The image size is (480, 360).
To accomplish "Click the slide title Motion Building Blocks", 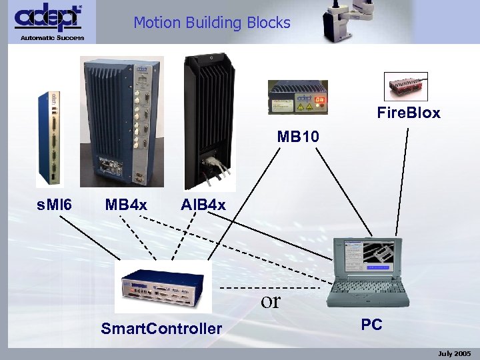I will (212, 23).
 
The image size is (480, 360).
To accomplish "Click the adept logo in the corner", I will (49, 17).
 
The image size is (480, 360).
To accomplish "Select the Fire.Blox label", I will (409, 113).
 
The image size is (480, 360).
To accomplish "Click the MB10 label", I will (299, 137).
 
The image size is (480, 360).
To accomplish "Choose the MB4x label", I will (126, 203).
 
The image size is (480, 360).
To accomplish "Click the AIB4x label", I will (203, 203).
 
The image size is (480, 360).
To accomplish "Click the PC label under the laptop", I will (371, 325).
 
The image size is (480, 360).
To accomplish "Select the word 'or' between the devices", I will (271, 301).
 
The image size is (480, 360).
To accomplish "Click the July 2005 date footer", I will (454, 353).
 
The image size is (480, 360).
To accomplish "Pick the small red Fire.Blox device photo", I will (407, 87).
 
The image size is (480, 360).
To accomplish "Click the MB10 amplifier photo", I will (298, 97).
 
